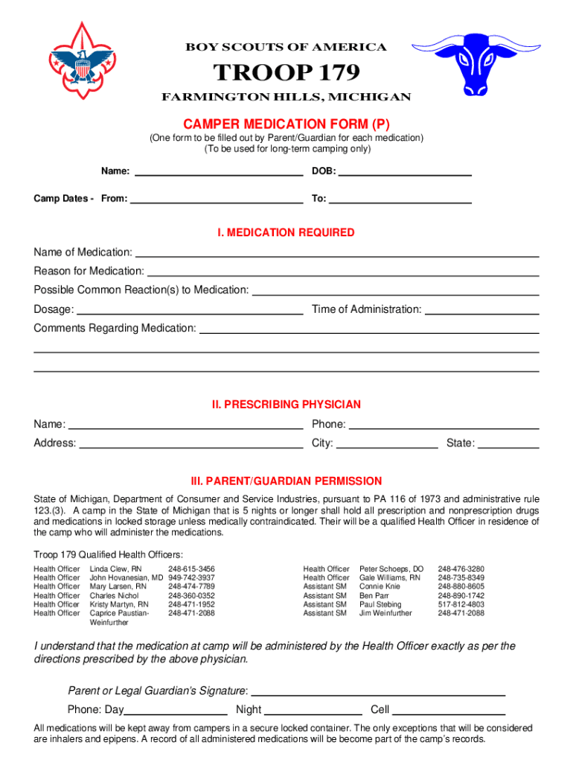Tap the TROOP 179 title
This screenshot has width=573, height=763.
coord(286,72)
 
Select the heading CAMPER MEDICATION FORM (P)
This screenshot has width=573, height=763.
coord(286,124)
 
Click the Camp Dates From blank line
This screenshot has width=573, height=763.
coord(216,198)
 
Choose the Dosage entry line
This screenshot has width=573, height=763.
coord(190,309)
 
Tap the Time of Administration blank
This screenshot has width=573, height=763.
coord(481,309)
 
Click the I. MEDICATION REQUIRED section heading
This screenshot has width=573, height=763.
coord(286,232)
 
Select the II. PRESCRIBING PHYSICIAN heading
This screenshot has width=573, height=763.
coord(286,405)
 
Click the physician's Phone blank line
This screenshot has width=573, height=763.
coord(444,424)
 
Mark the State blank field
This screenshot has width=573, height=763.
coord(508,443)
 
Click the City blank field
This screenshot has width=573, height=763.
coord(387,443)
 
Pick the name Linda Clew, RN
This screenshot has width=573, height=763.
coord(115,569)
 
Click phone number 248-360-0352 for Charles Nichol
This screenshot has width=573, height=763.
coord(191,596)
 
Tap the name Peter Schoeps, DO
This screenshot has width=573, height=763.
coord(391,569)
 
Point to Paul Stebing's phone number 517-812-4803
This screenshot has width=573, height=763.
coord(461,605)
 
